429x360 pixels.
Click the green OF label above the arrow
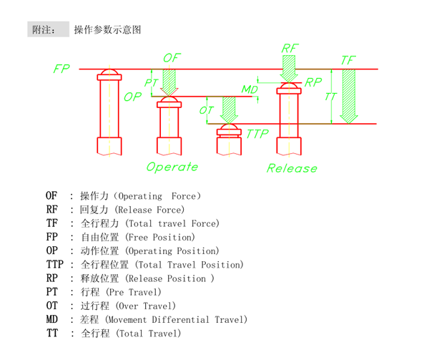(x=172, y=57)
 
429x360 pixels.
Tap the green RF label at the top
(x=290, y=48)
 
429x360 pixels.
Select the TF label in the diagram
(x=348, y=60)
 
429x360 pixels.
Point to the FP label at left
(x=62, y=69)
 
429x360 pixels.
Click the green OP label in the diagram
(x=132, y=97)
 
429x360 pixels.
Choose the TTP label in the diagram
(x=257, y=134)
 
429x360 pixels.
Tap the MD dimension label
(x=249, y=89)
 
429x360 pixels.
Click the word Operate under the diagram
(x=172, y=167)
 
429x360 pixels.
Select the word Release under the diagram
(x=292, y=168)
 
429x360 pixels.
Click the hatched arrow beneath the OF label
(x=169, y=82)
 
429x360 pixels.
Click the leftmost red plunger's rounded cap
(x=109, y=74)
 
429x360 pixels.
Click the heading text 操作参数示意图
(x=107, y=30)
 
